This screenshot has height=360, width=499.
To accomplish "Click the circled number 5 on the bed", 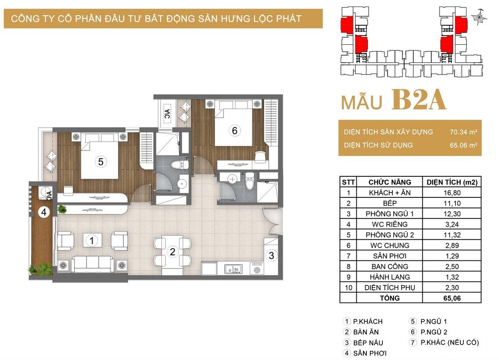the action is point(101,162).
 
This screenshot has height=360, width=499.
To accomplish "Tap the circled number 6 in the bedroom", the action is point(234,130).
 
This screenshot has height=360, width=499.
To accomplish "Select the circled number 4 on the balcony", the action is point(44,212).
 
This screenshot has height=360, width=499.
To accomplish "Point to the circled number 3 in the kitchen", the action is point(272,255).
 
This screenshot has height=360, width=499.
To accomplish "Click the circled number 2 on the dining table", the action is point(172,252).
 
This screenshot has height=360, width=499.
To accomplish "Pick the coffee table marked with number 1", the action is point(92,240).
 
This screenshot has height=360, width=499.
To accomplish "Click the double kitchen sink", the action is point(233,269).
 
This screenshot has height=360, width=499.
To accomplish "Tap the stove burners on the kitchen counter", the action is point(257,268).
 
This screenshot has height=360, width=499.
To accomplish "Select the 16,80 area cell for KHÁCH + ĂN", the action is point(452,193).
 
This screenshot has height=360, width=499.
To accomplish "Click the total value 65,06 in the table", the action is point(452,298).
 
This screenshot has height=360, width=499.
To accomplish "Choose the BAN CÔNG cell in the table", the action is point(390,267).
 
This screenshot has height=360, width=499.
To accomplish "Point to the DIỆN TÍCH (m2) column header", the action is point(452,182).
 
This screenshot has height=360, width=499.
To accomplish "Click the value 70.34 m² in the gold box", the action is point(463,132).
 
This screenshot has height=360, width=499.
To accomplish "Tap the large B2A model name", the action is point(419,100).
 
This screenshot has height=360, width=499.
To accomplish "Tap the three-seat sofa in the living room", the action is point(92,264).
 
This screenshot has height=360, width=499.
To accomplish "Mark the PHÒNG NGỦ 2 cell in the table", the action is point(390,235).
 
